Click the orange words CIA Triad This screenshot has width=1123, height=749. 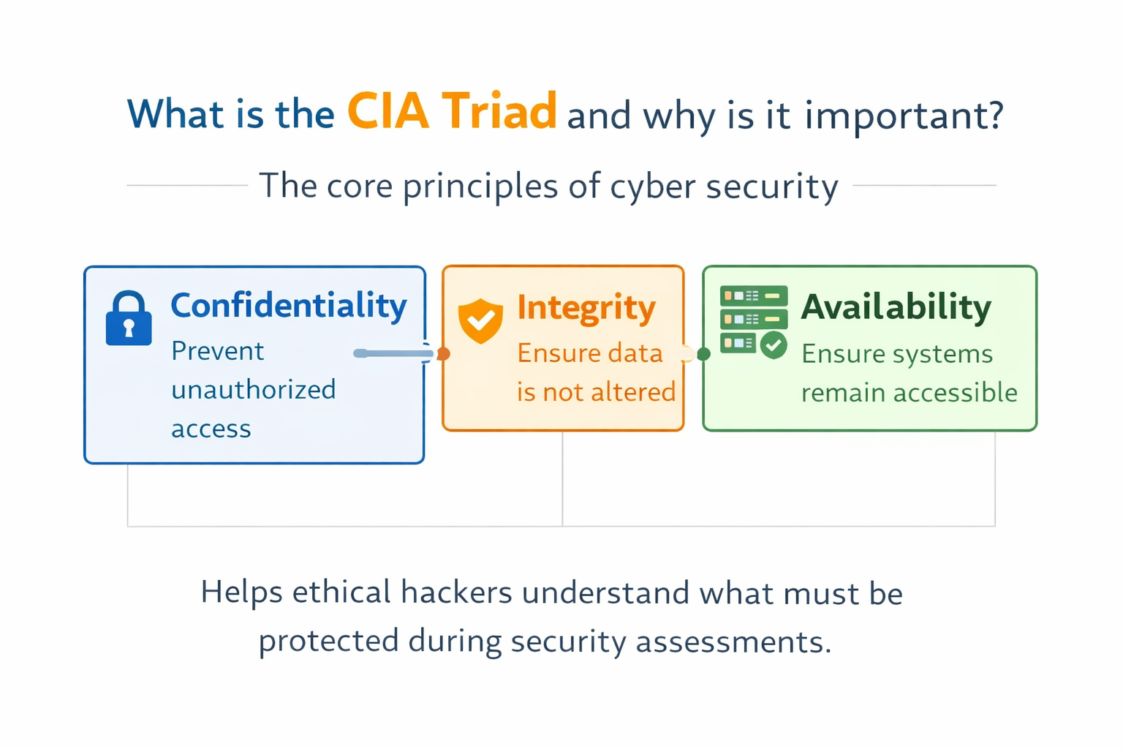451,112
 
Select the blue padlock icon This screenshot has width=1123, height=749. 129,319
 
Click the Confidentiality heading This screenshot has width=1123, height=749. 288,306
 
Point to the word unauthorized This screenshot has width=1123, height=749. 253,390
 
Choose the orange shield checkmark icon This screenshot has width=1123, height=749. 480,320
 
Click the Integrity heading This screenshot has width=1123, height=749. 586,308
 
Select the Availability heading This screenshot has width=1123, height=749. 896,307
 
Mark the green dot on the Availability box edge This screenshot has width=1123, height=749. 704,354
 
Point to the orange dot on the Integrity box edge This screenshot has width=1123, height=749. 443,354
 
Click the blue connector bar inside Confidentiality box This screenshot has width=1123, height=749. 393,354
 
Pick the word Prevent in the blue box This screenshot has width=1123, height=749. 217,352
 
